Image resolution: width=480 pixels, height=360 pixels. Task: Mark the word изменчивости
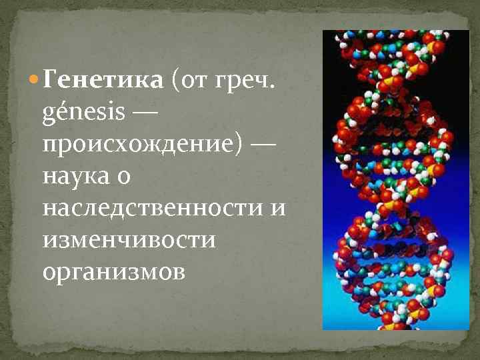coord(129,239)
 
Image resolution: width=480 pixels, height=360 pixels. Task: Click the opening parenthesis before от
coord(175,81)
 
